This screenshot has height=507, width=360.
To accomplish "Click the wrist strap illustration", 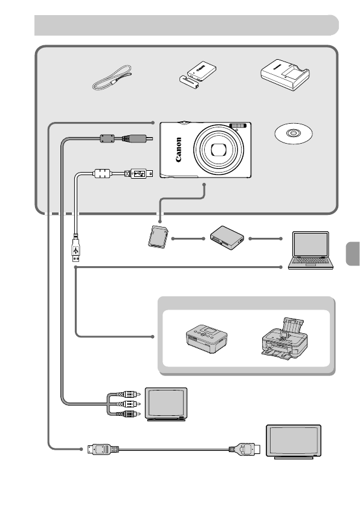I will [112, 80].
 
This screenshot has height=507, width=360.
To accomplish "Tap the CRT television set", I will [169, 405].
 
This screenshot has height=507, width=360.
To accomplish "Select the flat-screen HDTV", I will [294, 442].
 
